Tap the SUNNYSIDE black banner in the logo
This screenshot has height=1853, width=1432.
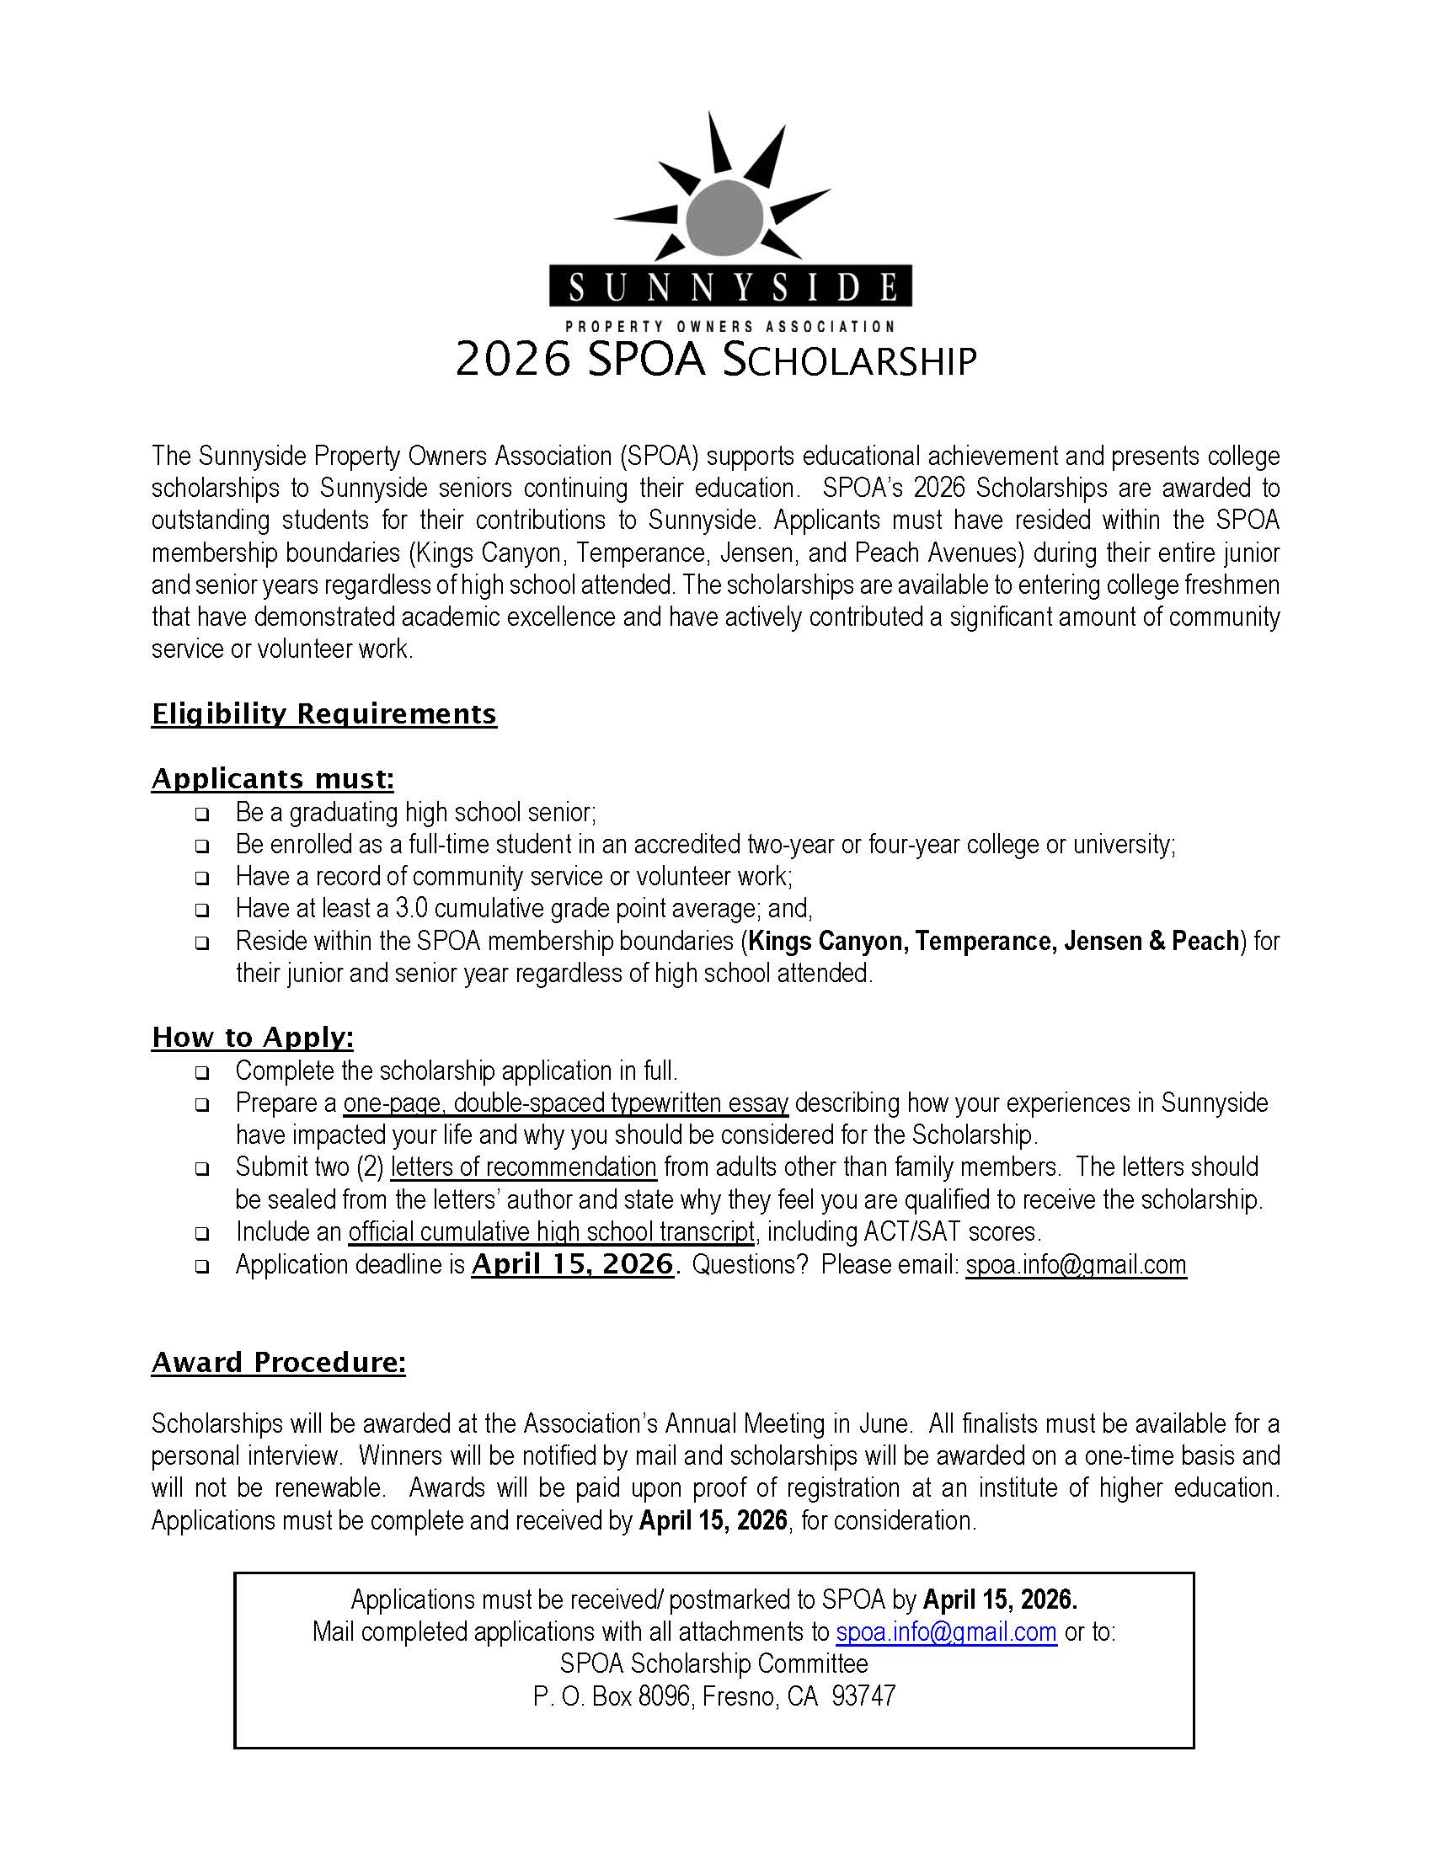pos(730,286)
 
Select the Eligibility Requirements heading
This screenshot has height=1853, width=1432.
pos(323,713)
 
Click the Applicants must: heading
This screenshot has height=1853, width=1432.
pos(272,778)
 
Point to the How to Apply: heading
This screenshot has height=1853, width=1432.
pos(252,1037)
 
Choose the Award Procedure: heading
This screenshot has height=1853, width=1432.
pos(278,1362)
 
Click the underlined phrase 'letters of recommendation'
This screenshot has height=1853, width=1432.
pos(523,1167)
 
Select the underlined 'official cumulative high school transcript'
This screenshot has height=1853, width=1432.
pos(551,1231)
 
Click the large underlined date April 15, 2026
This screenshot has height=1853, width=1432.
pos(573,1264)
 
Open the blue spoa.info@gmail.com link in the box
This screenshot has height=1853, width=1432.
pos(946,1631)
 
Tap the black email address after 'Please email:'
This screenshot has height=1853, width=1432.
pos(1075,1264)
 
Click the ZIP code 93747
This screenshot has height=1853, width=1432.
pos(863,1696)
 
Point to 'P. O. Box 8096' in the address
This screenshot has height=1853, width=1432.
pos(611,1696)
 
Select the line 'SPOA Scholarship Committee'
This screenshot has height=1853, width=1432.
pos(713,1663)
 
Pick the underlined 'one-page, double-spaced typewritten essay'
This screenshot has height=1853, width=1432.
pos(566,1103)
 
